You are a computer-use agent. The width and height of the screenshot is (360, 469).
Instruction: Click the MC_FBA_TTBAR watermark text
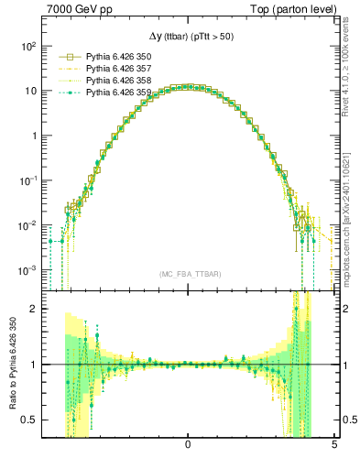[x=188, y=275]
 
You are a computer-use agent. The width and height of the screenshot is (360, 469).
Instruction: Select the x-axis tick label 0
[x=188, y=444]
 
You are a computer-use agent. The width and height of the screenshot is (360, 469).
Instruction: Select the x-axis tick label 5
[x=333, y=444]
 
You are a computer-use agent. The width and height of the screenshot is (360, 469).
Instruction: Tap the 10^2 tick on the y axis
[x=28, y=46]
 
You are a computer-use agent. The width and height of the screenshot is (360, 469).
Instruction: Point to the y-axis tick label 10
[x=30, y=91]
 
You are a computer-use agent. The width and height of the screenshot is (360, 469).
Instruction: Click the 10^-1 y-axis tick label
[x=28, y=180]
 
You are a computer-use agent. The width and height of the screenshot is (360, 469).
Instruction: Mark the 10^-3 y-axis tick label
[x=28, y=270]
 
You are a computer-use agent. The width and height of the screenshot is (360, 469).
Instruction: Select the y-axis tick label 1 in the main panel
[x=34, y=136]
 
